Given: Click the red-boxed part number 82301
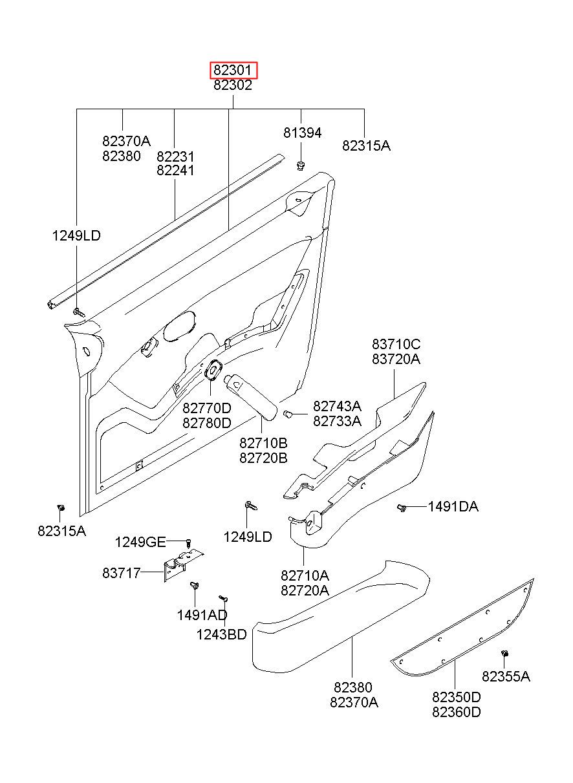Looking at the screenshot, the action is tap(233, 70).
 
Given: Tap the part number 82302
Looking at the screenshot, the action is tap(233, 85).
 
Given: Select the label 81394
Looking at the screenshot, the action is tap(303, 133).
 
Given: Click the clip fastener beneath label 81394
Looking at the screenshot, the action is tap(300, 166).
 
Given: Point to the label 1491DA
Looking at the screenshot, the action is tap(453, 506).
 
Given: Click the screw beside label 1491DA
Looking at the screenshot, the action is tap(402, 508).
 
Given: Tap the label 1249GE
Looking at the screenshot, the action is tap(140, 542).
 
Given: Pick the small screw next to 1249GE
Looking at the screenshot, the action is tap(188, 544).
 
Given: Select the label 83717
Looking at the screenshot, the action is tap(122, 573).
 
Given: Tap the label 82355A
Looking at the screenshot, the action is tap(506, 676).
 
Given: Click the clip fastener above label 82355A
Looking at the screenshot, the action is tap(504, 653).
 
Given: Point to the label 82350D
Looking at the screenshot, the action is tap(457, 696).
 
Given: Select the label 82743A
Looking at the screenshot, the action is tap(337, 406).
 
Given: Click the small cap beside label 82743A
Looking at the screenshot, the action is tap(287, 414).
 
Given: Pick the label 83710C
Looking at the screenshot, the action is tap(396, 345).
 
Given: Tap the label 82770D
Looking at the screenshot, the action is tap(207, 408).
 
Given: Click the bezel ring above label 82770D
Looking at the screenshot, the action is tap(213, 369).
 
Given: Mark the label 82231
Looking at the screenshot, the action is tap(175, 156).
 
